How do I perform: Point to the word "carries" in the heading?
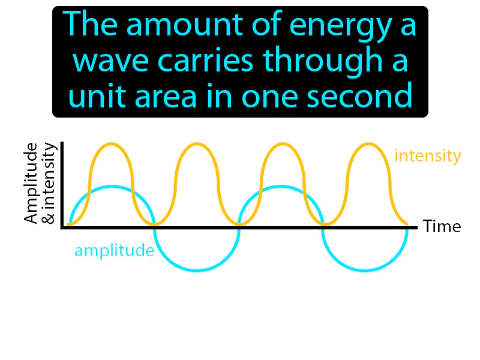point(205,61)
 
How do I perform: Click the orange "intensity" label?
point(428,157)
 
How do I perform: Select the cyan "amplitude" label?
point(114,250)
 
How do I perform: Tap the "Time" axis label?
point(442,227)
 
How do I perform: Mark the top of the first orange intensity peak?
point(110,144)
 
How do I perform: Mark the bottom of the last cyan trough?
point(365,271)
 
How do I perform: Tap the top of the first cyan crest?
point(111,187)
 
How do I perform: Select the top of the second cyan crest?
point(281,187)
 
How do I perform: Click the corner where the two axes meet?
point(62,227)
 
